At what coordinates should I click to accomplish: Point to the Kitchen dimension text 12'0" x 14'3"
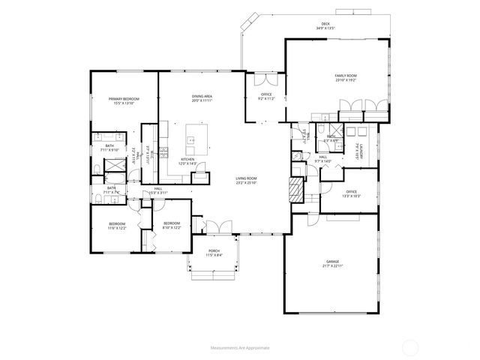pos(188,163)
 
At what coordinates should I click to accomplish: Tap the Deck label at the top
pos(325,25)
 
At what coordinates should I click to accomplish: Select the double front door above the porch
pos(214,226)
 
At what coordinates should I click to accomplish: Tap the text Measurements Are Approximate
pos(240,347)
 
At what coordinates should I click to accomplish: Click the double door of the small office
pos(265,79)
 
